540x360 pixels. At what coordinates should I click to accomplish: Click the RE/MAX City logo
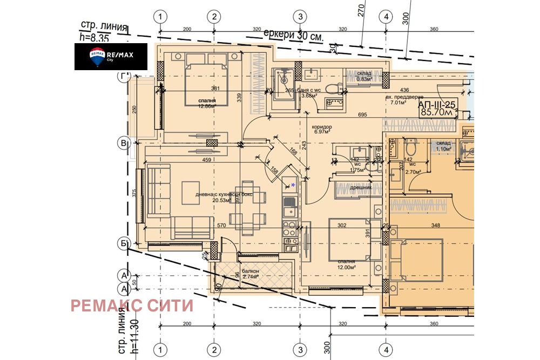pyautogui.click(x=111, y=56)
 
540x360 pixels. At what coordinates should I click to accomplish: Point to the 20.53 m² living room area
pyautogui.click(x=213, y=198)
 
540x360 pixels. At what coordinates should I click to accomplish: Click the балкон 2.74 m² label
pyautogui.click(x=251, y=274)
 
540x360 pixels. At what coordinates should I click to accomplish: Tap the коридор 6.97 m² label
pyautogui.click(x=322, y=130)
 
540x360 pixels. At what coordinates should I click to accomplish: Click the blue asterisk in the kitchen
pyautogui.click(x=293, y=185)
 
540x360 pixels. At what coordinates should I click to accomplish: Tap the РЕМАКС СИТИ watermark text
pyautogui.click(x=132, y=306)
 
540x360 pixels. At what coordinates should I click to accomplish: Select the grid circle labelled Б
pyautogui.click(x=124, y=244)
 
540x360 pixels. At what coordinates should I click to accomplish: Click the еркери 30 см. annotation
pyautogui.click(x=293, y=35)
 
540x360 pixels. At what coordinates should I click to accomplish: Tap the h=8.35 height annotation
pyautogui.click(x=95, y=37)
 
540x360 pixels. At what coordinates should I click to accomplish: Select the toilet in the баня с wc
pyautogui.click(x=333, y=87)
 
